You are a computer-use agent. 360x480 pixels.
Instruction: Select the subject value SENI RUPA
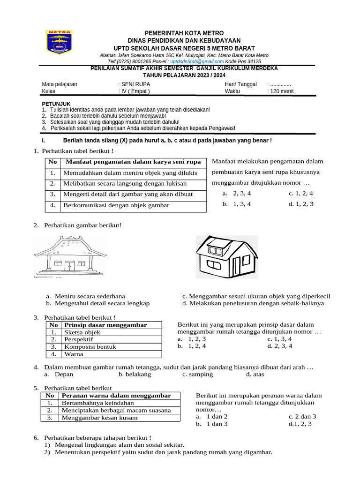click(x=136, y=84)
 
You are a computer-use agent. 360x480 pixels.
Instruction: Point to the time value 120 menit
click(x=282, y=91)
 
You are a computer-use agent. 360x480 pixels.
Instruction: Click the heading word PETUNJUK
click(x=56, y=104)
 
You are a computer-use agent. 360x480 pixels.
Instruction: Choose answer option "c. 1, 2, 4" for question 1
click(x=301, y=193)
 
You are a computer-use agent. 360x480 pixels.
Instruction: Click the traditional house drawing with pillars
click(x=70, y=256)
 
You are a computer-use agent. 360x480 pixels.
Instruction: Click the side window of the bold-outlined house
click(x=213, y=266)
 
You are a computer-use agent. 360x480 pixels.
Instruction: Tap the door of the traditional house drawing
click(x=69, y=265)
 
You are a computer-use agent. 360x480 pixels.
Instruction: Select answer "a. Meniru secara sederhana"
click(x=85, y=296)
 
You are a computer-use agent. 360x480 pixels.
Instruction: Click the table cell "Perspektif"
click(x=79, y=339)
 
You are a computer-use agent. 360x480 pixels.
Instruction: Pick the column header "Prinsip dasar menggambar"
click(x=105, y=325)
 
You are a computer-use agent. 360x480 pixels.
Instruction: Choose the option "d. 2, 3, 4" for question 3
click(x=280, y=346)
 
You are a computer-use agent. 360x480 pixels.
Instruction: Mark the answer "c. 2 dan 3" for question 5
click(x=302, y=416)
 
